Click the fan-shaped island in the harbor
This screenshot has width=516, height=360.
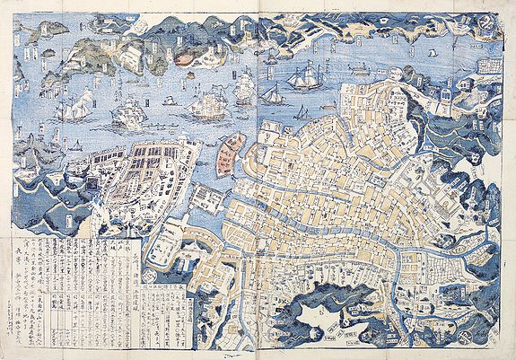coord(231,153)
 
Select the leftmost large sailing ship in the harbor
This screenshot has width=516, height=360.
coord(70,110)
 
